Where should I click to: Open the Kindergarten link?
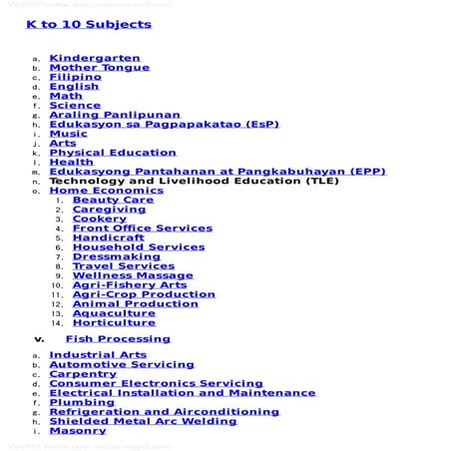(95, 58)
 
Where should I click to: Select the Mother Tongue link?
(99, 68)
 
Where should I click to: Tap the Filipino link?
(76, 77)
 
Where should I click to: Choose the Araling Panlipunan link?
(115, 115)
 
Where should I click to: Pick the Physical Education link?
(112, 153)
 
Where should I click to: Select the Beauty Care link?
(113, 200)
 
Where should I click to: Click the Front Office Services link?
(142, 228)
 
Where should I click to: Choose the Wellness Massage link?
(133, 275)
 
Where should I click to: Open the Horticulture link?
(114, 322)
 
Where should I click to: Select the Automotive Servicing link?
(122, 365)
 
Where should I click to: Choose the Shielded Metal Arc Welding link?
(143, 421)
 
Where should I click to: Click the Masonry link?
(78, 431)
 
